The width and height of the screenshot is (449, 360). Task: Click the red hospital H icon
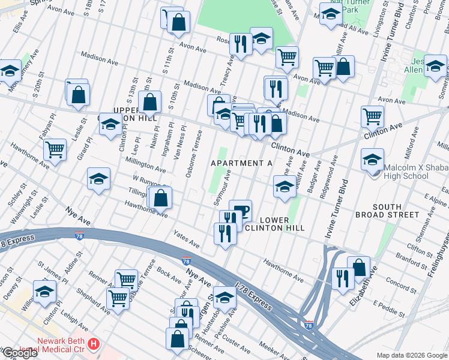click(94, 344)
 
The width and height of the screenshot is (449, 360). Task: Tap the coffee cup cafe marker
click(240, 211)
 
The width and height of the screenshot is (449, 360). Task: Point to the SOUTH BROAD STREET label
click(395, 211)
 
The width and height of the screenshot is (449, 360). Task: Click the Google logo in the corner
click(19, 353)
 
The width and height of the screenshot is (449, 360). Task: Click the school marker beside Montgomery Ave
click(9, 71)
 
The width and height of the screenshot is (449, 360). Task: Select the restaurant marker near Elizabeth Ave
click(343, 278)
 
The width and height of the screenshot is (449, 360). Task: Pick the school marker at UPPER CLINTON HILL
click(110, 124)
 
